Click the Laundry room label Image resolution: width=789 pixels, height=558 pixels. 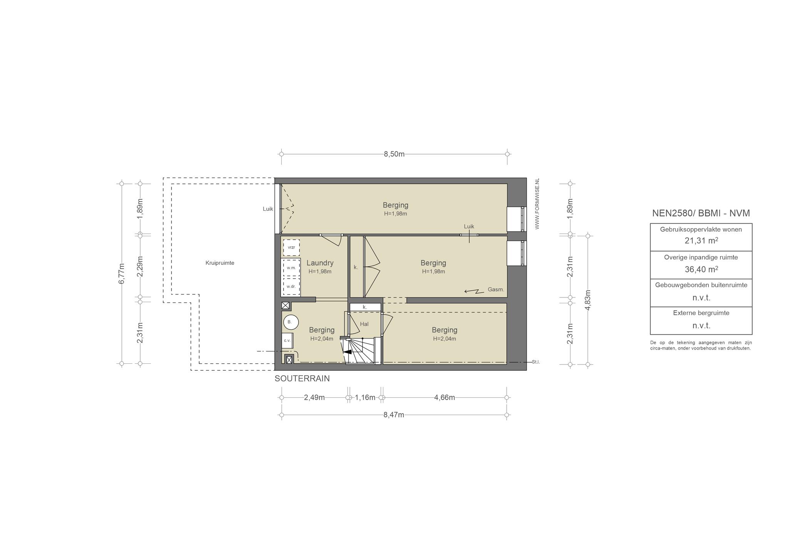coord(320,263)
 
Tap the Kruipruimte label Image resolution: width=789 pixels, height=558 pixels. coord(220,263)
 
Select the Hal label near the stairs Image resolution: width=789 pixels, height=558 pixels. coord(364,324)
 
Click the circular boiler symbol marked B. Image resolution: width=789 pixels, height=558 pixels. coord(290,322)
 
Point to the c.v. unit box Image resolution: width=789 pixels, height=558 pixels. coord(287,341)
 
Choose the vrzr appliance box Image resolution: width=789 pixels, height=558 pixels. coord(291,247)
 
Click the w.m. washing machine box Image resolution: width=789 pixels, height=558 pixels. coord(291,267)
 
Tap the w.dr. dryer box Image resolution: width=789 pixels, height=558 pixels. coord(291,286)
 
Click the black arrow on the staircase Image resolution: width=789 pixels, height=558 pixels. coord(347,352)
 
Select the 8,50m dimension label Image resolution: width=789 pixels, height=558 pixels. coord(394,154)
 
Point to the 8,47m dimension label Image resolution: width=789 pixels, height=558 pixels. coord(394,415)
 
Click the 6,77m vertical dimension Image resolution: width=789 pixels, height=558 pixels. coord(122,274)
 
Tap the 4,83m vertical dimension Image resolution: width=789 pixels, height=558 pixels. coord(588,299)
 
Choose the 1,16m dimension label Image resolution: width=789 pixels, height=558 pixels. coord(365,397)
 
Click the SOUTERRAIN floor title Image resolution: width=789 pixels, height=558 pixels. coord(302,378)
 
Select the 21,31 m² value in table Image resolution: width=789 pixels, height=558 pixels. coord(701,241)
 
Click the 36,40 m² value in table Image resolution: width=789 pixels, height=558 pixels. coord(701,269)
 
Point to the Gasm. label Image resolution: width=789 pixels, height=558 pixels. coord(496,289)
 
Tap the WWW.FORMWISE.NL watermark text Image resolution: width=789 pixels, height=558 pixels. coord(537,204)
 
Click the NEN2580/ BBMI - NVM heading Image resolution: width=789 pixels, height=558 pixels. coord(701,213)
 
